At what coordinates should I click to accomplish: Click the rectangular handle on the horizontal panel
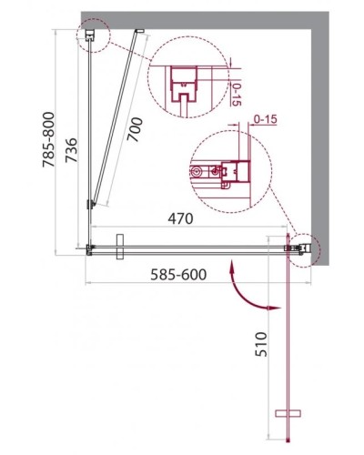[x=119, y=248]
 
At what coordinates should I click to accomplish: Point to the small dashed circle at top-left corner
[x=94, y=36]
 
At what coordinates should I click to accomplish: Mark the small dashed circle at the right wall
[x=302, y=247]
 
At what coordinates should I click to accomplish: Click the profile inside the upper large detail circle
[x=185, y=89]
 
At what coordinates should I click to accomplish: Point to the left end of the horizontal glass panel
[x=89, y=247]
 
